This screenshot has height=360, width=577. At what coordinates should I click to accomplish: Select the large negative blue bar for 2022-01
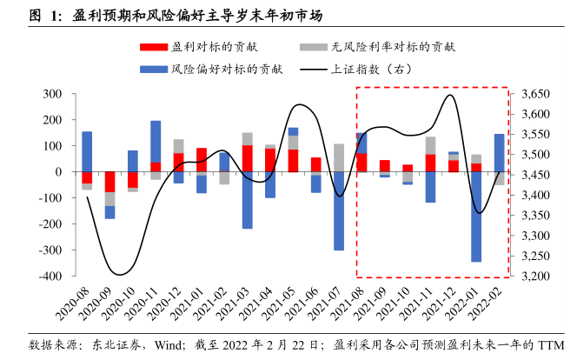pos(476,217)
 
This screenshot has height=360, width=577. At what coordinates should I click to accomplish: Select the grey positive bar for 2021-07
pos(339,157)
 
